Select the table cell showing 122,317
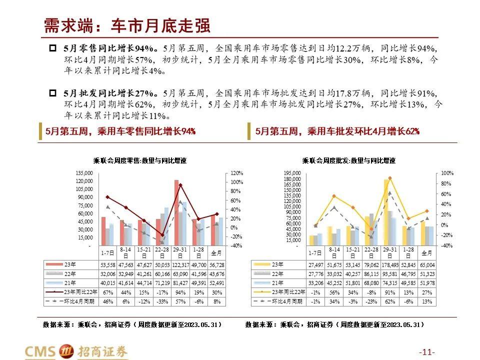click(180, 264)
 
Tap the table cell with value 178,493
click(390, 264)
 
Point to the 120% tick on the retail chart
click(237, 172)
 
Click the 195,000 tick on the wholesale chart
click(292, 173)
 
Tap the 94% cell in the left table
click(180, 292)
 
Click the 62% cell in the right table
click(390, 301)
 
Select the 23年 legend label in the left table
click(70, 264)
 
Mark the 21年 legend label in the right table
click(278, 283)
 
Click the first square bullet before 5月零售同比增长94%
click(52, 48)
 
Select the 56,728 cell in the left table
click(217, 264)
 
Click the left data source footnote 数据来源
click(132, 324)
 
